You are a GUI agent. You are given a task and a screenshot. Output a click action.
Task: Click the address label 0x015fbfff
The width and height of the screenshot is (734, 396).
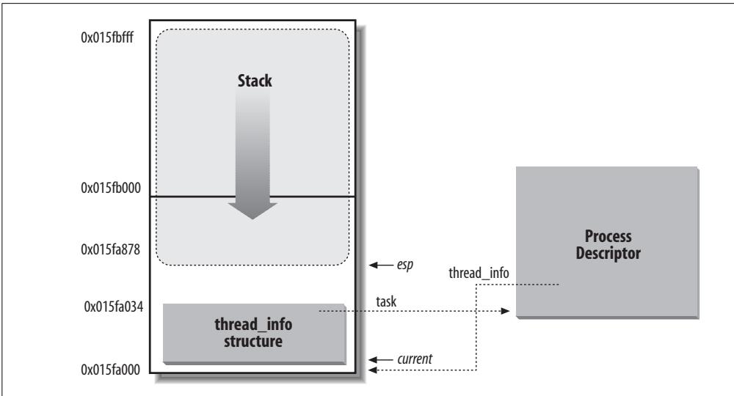[x=107, y=37]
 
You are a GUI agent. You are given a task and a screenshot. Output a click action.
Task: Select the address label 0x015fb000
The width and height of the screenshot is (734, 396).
[x=111, y=188]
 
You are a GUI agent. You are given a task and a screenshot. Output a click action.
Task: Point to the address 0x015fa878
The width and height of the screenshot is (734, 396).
[x=111, y=249]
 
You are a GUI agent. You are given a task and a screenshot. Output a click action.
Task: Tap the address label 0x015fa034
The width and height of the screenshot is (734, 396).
[x=113, y=307]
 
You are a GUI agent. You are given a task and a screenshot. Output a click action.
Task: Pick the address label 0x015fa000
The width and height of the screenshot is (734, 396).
[x=111, y=370]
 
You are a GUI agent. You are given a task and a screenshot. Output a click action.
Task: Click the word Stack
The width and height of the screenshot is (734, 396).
[x=255, y=81]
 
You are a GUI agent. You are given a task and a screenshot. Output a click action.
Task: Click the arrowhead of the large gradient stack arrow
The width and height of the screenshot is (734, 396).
[x=252, y=211]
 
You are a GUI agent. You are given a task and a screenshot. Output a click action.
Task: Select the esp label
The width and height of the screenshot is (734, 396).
[x=405, y=265]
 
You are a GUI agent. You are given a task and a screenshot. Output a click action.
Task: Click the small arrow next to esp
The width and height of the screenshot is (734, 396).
[x=381, y=265]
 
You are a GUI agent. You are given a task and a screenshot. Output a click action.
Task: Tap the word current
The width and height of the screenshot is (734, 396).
[x=415, y=359]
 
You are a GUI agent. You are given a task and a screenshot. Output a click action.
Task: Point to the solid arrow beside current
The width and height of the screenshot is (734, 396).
[x=381, y=359]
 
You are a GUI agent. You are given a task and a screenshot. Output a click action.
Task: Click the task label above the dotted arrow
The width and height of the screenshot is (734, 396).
[x=386, y=301]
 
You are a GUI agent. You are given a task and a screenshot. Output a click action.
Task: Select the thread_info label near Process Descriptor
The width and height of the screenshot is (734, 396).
[x=479, y=273]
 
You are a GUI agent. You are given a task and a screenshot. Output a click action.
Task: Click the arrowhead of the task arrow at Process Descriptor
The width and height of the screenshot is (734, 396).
[x=506, y=311]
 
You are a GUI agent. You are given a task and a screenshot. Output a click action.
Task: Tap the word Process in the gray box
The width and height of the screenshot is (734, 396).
[x=608, y=236]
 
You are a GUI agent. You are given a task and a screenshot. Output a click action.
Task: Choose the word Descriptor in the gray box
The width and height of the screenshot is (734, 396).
[x=608, y=254]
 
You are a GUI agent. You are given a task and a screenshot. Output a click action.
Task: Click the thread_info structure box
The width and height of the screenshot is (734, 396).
[x=254, y=334]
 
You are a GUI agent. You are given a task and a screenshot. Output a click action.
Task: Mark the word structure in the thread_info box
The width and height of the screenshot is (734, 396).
[x=252, y=341]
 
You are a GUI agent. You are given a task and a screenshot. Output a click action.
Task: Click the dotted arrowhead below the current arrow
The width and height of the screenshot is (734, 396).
[x=373, y=370]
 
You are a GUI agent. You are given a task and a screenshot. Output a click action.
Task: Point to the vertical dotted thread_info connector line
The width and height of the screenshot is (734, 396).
[x=476, y=327]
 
